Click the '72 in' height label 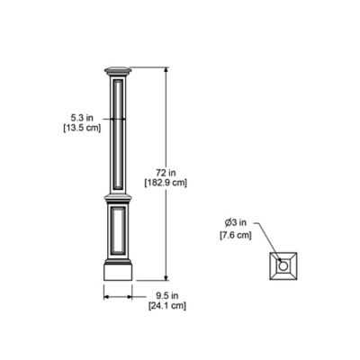click(x=165, y=170)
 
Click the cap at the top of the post click(x=119, y=70)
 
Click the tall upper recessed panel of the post click(x=119, y=135)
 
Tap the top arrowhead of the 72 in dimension click(x=166, y=70)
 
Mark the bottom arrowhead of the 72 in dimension click(x=166, y=277)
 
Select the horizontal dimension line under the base click(x=119, y=294)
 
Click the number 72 click(x=159, y=170)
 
